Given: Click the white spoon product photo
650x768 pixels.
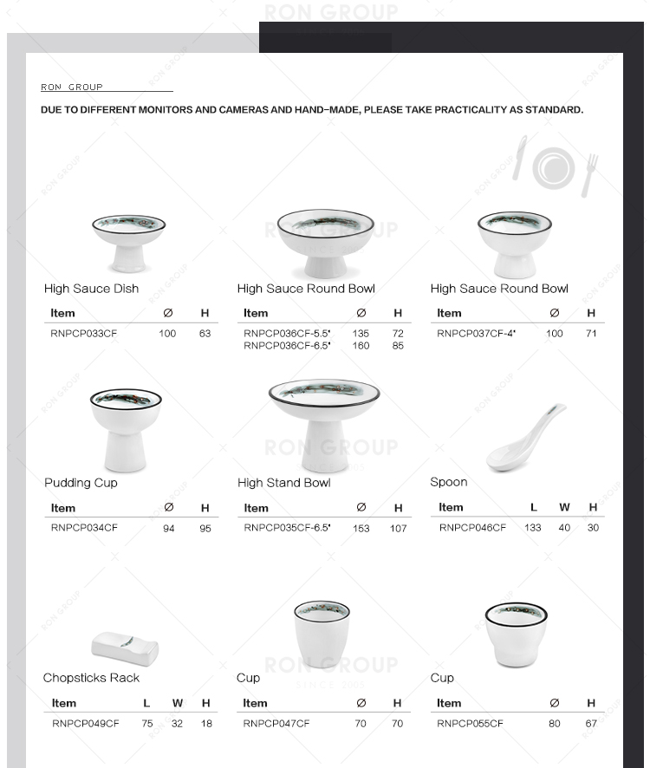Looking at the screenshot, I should click(524, 439).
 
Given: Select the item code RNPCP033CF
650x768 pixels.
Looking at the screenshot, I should click(83, 333).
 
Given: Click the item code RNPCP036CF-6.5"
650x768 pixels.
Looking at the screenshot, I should click(282, 346).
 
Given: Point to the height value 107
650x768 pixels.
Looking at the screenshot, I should click(398, 528).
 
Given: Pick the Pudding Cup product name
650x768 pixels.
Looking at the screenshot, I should click(81, 483).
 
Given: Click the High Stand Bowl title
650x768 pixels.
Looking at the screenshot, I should click(283, 483).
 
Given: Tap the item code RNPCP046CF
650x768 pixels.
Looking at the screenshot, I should click(472, 527).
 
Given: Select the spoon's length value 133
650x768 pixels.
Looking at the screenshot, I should click(533, 527).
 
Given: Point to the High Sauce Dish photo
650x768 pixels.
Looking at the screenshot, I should click(128, 242).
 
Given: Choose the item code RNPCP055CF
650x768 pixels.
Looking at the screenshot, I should click(470, 723).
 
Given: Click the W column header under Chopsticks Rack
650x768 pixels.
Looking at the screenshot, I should click(178, 703).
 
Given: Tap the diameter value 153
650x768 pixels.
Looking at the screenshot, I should click(361, 528).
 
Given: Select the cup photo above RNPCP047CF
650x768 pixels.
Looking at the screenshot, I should click(322, 634).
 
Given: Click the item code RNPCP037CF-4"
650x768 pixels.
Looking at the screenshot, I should click(476, 333).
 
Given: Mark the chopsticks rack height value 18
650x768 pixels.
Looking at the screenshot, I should click(206, 723).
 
